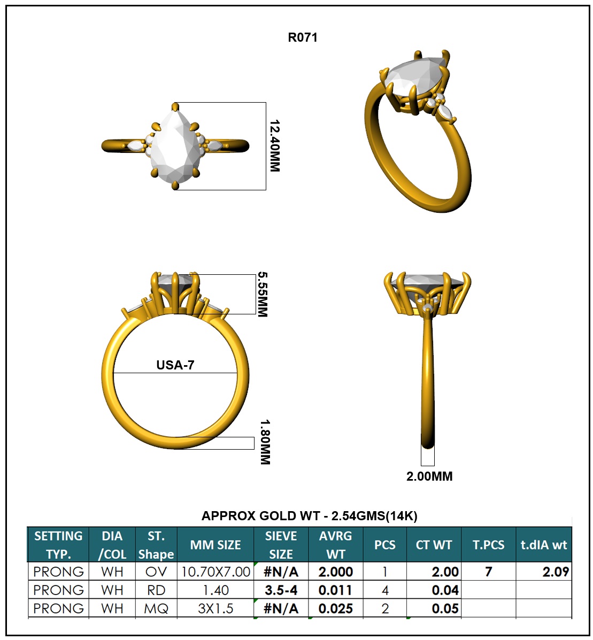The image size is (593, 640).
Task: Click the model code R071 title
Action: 303,37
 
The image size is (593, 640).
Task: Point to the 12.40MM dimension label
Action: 274,145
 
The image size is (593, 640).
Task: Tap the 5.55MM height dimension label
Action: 262,295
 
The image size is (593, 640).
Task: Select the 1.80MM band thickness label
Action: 265,442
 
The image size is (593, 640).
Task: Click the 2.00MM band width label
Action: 429,476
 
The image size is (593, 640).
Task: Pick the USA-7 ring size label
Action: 175,365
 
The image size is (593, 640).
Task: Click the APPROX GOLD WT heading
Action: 309,516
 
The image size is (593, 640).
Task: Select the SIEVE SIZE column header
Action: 281,545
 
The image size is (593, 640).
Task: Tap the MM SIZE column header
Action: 215,545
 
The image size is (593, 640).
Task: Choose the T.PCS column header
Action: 488,545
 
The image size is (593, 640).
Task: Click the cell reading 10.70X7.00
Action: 215,572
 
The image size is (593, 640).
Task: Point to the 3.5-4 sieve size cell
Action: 281,590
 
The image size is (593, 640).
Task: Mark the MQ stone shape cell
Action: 156,608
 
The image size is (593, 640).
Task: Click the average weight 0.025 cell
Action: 335,608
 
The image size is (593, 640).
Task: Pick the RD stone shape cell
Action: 156,590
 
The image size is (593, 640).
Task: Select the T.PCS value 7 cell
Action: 488,572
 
